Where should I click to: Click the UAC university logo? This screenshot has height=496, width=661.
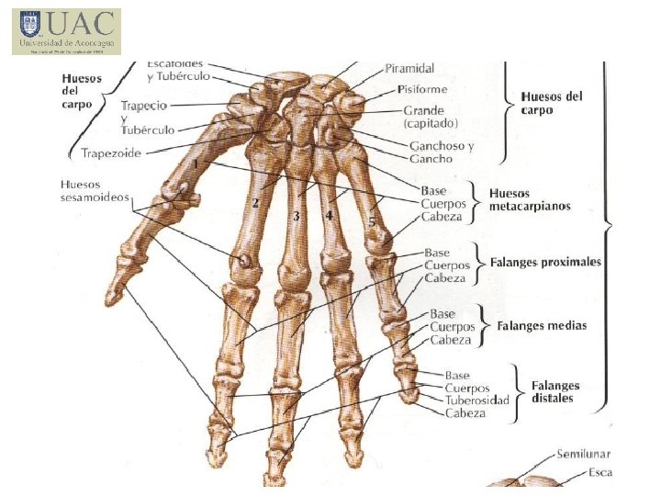pos(66,31)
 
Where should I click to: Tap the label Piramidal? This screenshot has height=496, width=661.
pos(409,69)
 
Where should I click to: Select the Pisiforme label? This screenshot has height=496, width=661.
pos(422,89)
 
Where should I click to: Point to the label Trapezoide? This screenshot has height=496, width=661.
pos(111,153)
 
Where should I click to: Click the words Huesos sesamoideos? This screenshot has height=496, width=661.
pos(95,190)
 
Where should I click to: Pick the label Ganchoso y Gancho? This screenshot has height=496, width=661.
pos(442,152)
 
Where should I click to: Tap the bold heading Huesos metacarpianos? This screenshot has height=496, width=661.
pos(530,199)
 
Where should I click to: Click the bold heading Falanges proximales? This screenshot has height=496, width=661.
pos(545,262)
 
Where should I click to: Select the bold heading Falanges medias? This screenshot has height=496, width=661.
pos(542,325)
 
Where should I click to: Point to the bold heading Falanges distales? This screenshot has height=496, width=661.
pos(555,391)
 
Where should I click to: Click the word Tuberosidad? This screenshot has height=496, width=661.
pos(476,400)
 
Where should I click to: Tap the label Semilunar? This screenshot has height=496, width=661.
pos(584,455)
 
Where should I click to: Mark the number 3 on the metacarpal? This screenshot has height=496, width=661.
pos(296,217)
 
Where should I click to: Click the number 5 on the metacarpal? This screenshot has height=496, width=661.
pos(372,221)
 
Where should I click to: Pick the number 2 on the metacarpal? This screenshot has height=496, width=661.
pos(256,203)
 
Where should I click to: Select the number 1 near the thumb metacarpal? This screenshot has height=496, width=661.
pos(196,163)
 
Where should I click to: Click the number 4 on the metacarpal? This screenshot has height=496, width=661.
pos(328,215)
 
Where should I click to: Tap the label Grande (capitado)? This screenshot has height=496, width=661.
pos(430,116)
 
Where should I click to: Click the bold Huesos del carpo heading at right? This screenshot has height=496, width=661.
pos(552,102)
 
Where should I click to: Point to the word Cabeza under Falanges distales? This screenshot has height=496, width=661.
pos(465,413)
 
